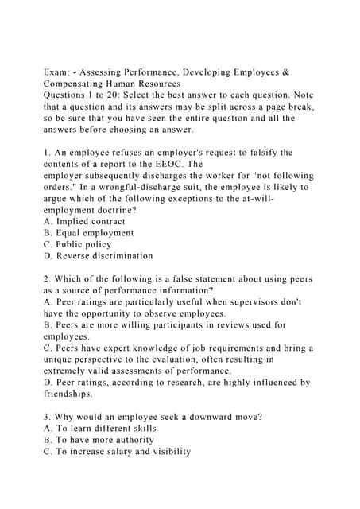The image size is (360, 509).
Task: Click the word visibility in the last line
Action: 163,451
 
